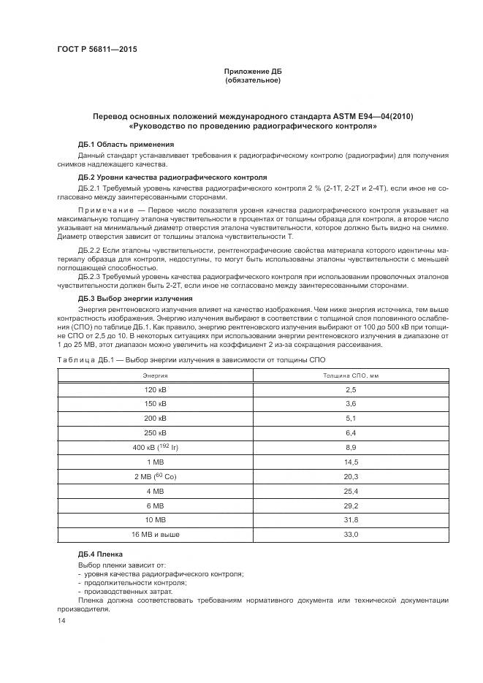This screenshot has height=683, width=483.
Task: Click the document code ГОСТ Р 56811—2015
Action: pyautogui.click(x=96, y=49)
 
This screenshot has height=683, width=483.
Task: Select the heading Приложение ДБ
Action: pyautogui.click(x=253, y=71)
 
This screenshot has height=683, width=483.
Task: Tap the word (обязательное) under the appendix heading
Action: pyautogui.click(x=253, y=80)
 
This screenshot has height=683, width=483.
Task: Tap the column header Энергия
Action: pyautogui.click(x=155, y=375)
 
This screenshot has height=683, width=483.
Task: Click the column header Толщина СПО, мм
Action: pyautogui.click(x=350, y=375)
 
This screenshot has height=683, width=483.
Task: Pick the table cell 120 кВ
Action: pyautogui.click(x=155, y=390)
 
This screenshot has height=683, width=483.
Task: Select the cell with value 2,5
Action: pyautogui.click(x=350, y=390)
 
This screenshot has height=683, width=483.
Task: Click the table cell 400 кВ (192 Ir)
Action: pyautogui.click(x=155, y=447)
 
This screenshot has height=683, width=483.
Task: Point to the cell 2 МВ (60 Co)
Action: pyautogui.click(x=155, y=476)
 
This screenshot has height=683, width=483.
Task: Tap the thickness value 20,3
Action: pyautogui.click(x=350, y=476)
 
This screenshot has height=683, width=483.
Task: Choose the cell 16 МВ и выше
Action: pyautogui.click(x=155, y=535)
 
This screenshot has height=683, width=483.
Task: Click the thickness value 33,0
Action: pyautogui.click(x=350, y=535)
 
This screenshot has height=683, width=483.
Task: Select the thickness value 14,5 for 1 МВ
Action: pyautogui.click(x=350, y=462)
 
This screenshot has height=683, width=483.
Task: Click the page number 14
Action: pyautogui.click(x=61, y=620)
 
